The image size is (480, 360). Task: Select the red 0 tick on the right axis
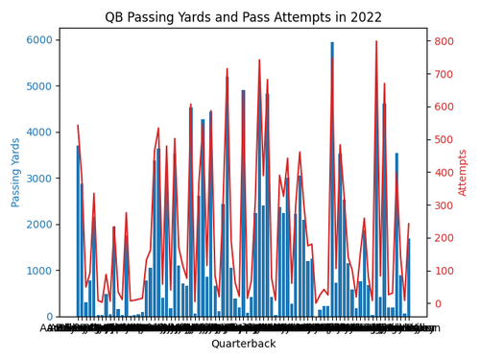point(431,303)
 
